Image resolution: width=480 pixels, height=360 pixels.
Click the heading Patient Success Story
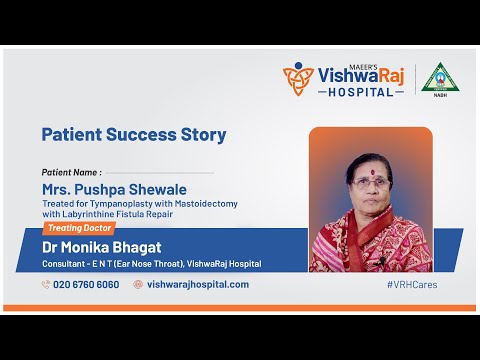point(133,134)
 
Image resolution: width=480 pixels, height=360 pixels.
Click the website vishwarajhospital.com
point(197,284)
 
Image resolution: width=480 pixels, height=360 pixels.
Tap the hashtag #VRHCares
point(411,284)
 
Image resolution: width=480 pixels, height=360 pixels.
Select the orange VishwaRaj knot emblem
point(297,78)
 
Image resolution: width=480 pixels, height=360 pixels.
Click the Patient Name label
point(71,171)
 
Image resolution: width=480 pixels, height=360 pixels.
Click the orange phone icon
point(46,284)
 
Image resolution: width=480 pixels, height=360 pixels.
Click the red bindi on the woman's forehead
point(370,168)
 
